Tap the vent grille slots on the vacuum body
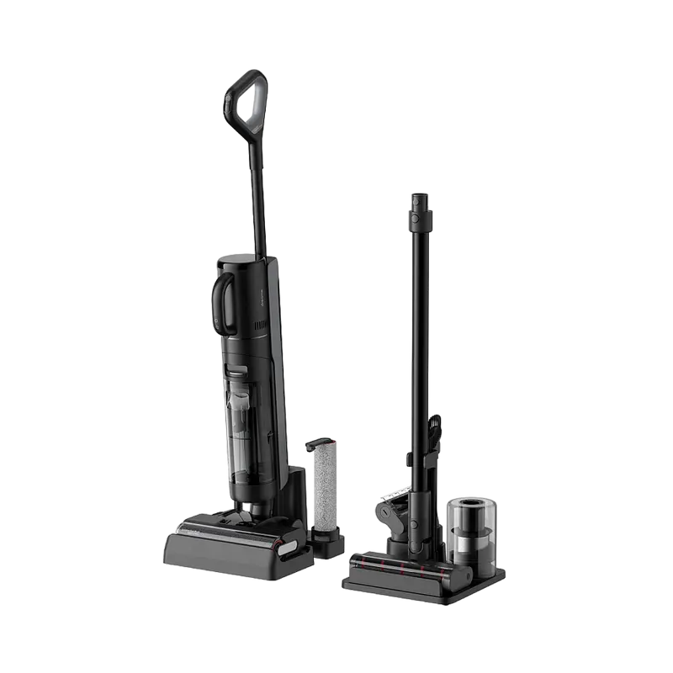click(x=261, y=324)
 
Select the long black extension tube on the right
click(x=419, y=336)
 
